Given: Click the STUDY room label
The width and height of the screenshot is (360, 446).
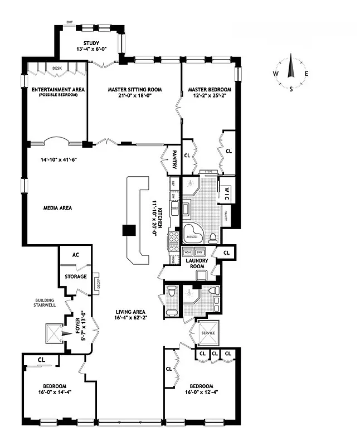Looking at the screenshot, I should pos(91,43).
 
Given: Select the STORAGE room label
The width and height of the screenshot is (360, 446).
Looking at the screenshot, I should pos(76,277).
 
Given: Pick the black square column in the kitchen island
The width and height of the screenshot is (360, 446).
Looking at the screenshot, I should pos(129,230).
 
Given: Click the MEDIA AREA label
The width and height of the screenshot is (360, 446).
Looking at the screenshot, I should pos(57,208).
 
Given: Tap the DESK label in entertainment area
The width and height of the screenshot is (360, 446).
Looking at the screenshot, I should pos(57,68).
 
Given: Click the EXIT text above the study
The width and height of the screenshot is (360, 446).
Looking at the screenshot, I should pos(69,22).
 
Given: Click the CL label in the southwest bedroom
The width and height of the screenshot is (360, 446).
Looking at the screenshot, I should pos(42,360).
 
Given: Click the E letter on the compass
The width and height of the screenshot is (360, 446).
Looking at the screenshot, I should pos(306,74).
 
